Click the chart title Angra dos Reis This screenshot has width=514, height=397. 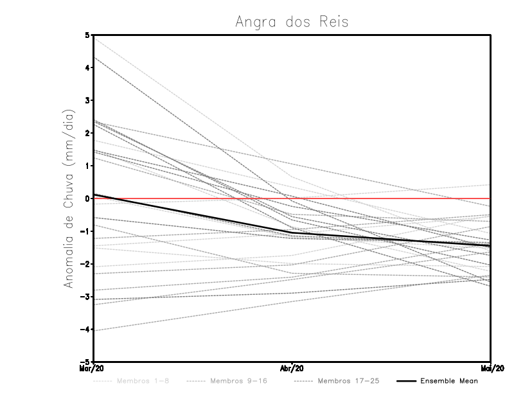292,22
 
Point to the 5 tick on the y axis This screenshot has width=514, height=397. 87,35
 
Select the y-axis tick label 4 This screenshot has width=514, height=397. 87,67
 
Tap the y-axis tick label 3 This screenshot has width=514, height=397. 87,100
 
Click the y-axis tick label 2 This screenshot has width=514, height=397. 87,133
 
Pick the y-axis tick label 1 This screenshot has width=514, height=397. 87,166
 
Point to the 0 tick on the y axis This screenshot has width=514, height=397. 87,198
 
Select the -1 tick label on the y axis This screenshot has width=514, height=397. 85,231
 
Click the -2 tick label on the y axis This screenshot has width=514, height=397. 85,264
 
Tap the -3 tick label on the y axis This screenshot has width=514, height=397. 85,297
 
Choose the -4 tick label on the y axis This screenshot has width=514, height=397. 85,330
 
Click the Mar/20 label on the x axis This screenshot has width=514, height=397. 92,369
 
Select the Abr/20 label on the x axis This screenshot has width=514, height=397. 292,369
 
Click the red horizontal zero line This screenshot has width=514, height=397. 385,198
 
